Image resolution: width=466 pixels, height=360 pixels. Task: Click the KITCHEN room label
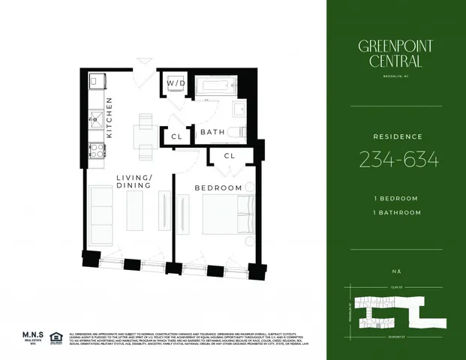(110, 118)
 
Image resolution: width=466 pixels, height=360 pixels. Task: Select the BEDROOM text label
(218, 187)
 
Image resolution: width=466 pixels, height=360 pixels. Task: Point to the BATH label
(212, 133)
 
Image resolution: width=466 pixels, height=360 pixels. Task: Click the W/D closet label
(176, 83)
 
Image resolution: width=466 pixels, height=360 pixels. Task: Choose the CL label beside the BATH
(176, 137)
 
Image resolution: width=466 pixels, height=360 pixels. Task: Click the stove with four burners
(96, 149)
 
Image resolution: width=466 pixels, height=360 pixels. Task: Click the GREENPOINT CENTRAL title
(396, 54)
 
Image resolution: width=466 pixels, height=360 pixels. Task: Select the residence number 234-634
(398, 159)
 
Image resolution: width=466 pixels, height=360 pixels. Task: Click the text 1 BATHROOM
(398, 212)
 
